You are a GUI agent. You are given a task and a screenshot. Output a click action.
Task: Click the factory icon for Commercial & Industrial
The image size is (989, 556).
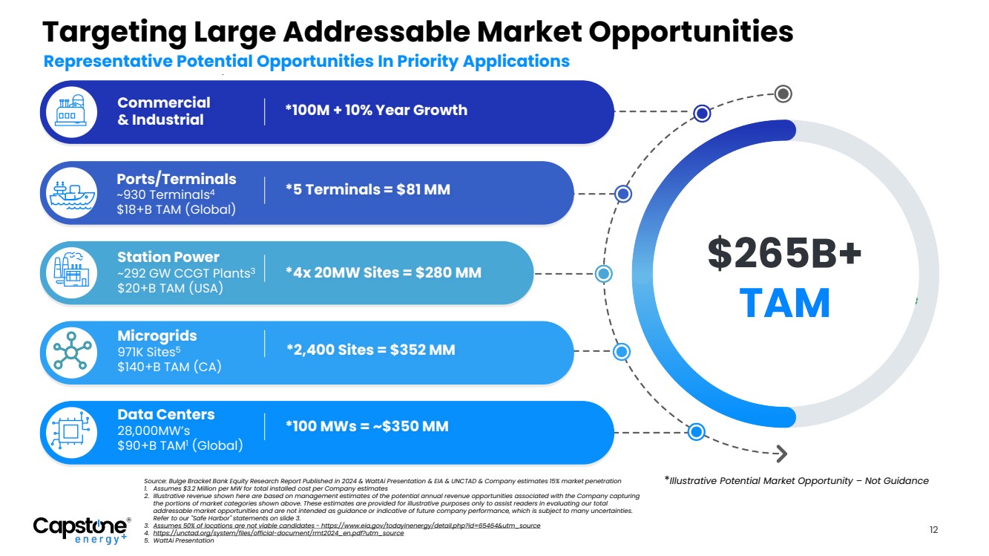tap(71, 111)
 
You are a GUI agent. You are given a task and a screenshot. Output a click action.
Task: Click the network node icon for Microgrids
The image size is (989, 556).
tap(72, 350)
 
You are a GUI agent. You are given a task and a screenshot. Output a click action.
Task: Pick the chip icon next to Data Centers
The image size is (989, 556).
tap(71, 431)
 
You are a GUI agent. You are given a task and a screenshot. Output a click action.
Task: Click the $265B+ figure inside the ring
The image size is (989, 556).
tap(784, 253)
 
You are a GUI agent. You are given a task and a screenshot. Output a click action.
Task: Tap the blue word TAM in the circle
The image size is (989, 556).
tap(784, 303)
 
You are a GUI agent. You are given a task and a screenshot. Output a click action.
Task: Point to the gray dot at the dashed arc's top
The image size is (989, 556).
tap(783, 94)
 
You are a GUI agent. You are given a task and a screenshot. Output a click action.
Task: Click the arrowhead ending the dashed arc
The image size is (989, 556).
tap(781, 454)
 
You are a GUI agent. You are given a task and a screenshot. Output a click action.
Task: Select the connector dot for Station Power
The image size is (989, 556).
tap(603, 274)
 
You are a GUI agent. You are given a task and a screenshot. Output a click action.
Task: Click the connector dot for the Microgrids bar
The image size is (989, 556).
tap(621, 352)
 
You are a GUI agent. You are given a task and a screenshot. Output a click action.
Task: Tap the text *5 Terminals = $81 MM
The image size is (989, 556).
tap(368, 189)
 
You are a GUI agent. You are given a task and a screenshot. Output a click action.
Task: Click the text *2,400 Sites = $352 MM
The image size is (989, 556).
tap(370, 350)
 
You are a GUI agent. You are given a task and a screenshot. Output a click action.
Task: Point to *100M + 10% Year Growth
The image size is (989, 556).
tap(376, 110)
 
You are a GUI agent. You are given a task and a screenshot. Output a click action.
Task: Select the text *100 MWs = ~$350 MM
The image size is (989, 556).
tap(367, 426)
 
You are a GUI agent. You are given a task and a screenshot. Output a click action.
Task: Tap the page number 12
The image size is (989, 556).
tap(933, 529)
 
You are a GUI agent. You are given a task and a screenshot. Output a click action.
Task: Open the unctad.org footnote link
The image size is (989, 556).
tap(278, 533)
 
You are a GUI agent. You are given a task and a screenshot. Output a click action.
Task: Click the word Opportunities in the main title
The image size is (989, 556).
tap(691, 33)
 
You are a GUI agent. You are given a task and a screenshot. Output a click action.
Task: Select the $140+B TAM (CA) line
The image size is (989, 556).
tap(169, 367)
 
